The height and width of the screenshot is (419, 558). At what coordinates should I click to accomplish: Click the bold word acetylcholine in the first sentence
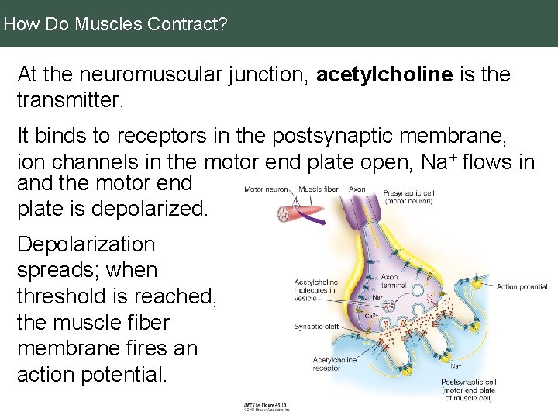pos(384,74)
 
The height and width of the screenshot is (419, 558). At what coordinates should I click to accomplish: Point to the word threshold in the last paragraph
pos(67,296)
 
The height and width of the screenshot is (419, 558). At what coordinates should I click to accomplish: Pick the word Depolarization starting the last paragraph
pos(86,244)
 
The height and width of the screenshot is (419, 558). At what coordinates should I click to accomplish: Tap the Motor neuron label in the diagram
pos(266,189)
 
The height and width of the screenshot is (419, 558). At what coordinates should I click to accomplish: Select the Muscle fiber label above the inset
pos(318,189)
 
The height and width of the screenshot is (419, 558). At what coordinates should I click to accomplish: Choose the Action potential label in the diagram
pos(522,287)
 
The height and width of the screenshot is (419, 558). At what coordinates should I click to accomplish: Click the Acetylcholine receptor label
pos(335,364)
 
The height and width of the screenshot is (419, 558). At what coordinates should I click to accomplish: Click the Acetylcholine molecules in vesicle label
pos(315,290)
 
